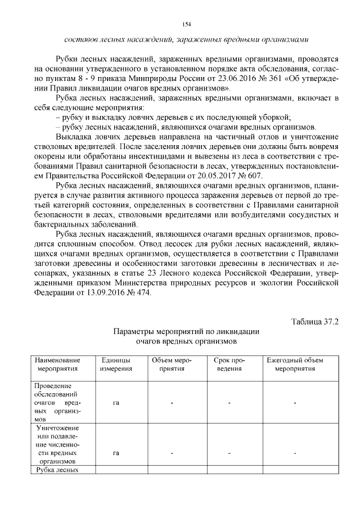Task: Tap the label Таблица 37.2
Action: click(x=315, y=321)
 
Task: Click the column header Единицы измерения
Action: click(x=116, y=364)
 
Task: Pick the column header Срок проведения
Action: click(x=229, y=364)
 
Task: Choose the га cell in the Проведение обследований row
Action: click(x=116, y=403)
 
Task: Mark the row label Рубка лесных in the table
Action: click(x=56, y=470)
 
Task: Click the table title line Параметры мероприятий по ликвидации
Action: click(x=186, y=331)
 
